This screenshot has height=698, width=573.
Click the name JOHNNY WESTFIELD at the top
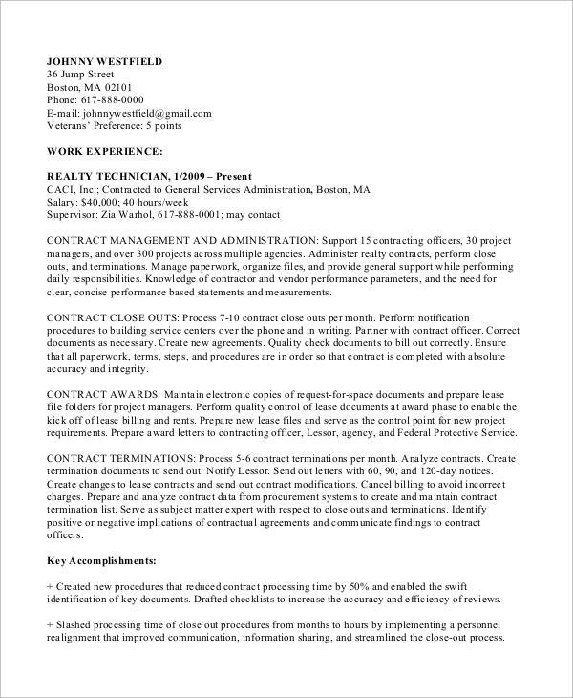105,61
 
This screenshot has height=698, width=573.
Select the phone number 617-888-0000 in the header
111,99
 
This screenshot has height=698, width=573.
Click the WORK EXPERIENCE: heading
105,151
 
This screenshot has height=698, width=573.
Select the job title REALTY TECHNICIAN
107,177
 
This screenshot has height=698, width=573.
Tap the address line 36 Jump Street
80,75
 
